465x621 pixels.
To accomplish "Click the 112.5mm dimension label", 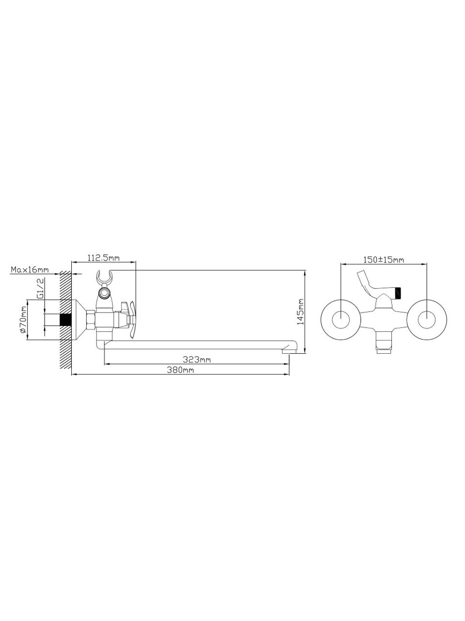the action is tap(104, 258).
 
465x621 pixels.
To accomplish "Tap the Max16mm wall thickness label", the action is tap(30, 270).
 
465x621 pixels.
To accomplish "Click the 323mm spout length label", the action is tap(197, 360).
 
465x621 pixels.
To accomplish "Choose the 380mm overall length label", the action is tap(180, 370).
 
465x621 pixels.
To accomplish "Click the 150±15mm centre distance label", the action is tap(384, 260).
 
